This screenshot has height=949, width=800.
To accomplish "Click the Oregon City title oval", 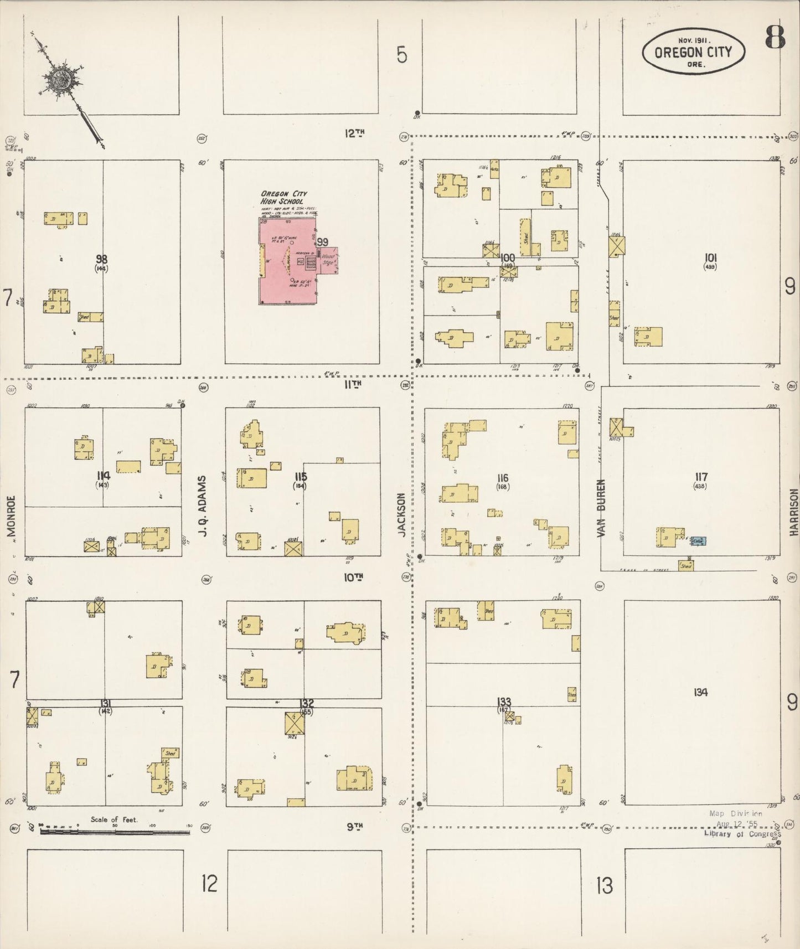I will (x=693, y=51).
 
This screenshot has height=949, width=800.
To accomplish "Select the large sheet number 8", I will (x=775, y=37).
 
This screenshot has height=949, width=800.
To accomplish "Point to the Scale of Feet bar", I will (x=115, y=832).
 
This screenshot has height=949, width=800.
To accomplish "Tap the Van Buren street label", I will (x=601, y=507).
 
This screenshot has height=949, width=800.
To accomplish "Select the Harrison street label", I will (x=794, y=512).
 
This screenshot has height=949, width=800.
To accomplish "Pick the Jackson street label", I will (x=402, y=514).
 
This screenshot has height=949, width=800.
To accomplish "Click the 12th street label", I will (x=355, y=133).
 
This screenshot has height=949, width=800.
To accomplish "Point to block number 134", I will (x=700, y=692).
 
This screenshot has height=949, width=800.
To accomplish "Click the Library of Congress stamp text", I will (x=742, y=834).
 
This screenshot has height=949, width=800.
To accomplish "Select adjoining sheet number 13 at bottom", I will (x=605, y=886).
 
